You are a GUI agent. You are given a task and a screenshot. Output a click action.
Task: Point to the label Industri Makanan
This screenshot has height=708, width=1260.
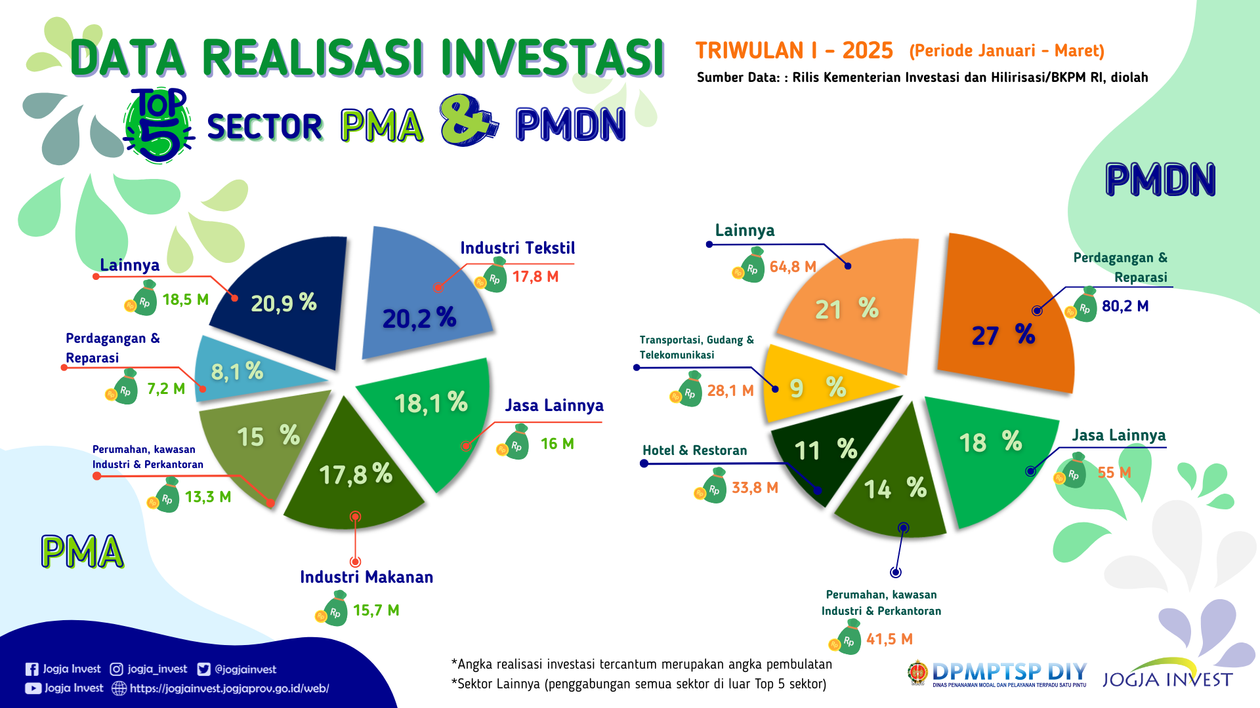[366, 577]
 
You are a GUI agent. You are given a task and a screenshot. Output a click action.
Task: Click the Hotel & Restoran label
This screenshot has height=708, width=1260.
[694, 450]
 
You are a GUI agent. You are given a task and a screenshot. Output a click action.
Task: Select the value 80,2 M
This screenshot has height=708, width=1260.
[1125, 306]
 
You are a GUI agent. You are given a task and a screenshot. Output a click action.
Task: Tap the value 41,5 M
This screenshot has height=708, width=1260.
[889, 639]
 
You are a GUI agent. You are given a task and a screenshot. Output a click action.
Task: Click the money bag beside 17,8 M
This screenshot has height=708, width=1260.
[495, 276]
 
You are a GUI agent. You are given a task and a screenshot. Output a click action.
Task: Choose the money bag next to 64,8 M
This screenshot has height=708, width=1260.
[752, 266]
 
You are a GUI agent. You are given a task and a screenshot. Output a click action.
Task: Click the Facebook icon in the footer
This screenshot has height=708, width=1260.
[31, 669]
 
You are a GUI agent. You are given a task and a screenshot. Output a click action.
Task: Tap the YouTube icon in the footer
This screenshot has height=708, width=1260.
[33, 688]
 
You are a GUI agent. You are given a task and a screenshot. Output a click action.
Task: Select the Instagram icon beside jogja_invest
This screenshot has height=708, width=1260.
[116, 669]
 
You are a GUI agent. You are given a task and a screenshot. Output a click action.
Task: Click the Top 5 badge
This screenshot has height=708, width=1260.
[159, 125]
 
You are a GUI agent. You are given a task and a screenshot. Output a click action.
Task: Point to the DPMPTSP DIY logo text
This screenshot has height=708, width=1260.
[1009, 672]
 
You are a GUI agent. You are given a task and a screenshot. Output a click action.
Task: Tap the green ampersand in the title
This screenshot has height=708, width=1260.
[467, 121]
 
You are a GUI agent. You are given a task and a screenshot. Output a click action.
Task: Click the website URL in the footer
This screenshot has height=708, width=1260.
[229, 688]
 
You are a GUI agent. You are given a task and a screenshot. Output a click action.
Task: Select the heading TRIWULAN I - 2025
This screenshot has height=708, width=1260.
[794, 50]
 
